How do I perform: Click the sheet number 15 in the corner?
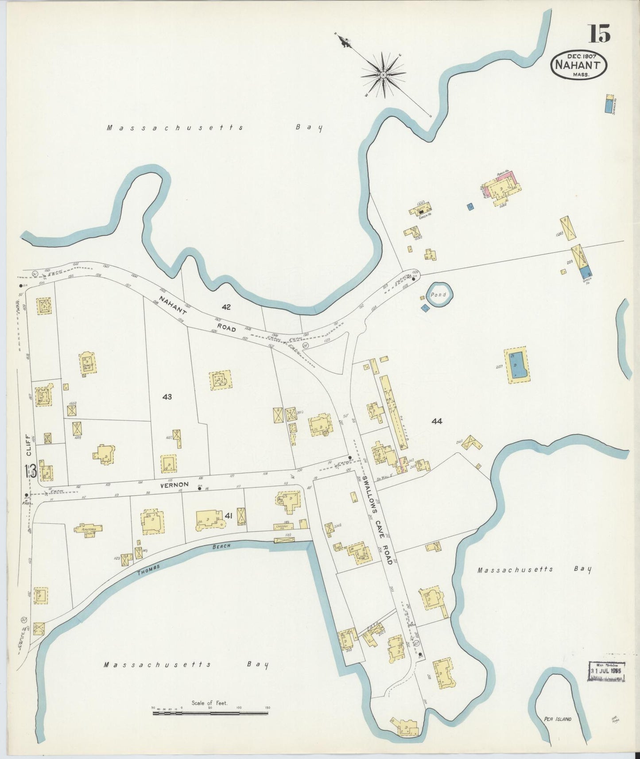(599, 33)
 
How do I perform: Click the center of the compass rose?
(383, 75)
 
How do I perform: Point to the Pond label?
(440, 294)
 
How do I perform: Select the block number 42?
(226, 306)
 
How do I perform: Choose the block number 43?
(167, 397)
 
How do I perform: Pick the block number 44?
(437, 421)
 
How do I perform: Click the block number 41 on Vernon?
(229, 515)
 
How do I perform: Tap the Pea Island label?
(557, 719)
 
